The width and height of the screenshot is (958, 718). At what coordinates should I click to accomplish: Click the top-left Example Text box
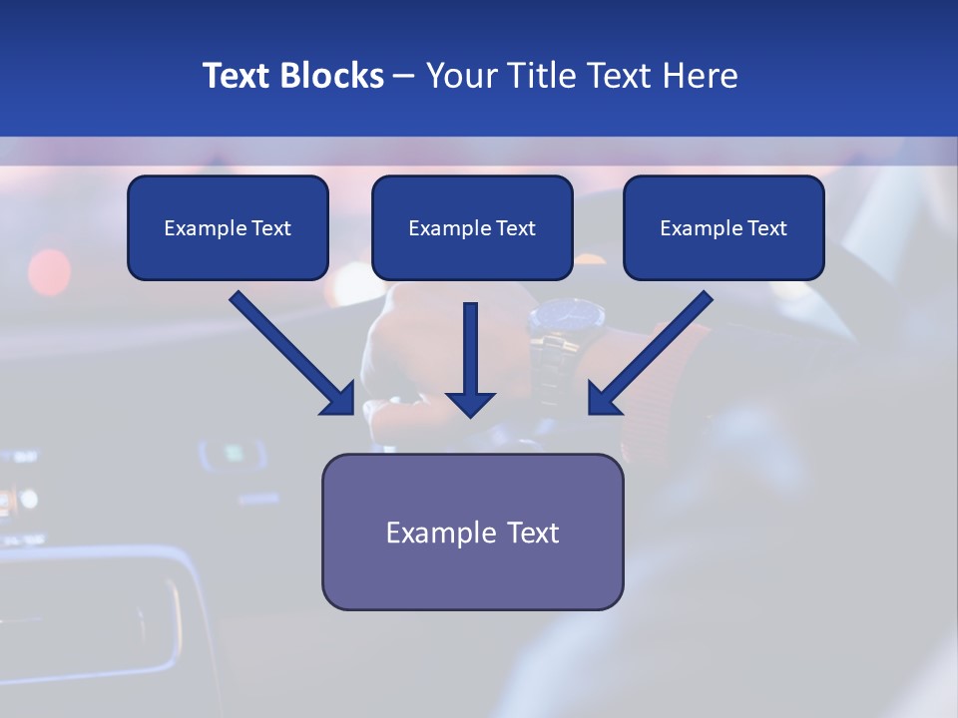point(228,227)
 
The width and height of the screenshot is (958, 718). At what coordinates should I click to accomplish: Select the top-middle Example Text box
point(472,227)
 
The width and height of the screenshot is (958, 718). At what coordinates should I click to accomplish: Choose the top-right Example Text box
point(723,227)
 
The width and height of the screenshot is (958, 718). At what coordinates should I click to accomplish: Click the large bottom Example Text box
point(472,532)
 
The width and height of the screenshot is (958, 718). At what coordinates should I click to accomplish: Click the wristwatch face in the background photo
point(567,318)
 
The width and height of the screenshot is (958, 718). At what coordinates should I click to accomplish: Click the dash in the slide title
point(404,76)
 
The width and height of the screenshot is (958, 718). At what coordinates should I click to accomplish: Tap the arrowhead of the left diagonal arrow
point(339,399)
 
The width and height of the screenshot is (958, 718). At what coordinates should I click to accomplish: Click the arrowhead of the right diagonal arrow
point(603,399)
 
